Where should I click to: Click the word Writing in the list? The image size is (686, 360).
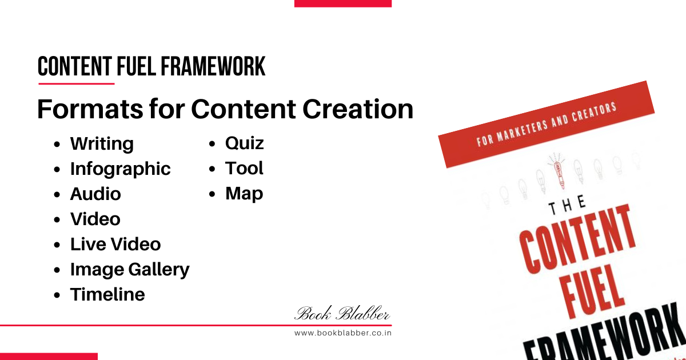click(102, 144)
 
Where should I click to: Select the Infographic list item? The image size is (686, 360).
click(121, 169)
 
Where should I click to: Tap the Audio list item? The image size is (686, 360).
click(95, 194)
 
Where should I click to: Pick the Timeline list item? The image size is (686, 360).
click(107, 294)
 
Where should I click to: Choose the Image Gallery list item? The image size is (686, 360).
click(130, 270)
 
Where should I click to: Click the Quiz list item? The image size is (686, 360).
click(245, 143)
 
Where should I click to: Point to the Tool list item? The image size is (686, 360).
click(244, 169)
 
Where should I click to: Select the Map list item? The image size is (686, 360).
click(244, 194)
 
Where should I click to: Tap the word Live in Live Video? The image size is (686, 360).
click(89, 245)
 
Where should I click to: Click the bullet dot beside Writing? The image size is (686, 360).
click(57, 145)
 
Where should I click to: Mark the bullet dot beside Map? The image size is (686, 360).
click(212, 194)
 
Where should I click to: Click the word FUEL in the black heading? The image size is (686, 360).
click(136, 66)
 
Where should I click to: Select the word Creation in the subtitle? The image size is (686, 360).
click(358, 109)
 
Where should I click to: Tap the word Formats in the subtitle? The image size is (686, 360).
click(90, 109)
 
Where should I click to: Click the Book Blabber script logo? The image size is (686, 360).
click(342, 313)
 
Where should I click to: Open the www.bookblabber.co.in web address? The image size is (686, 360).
click(343, 333)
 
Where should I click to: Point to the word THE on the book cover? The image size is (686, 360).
click(567, 205)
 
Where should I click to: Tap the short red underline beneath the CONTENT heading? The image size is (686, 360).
click(77, 83)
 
